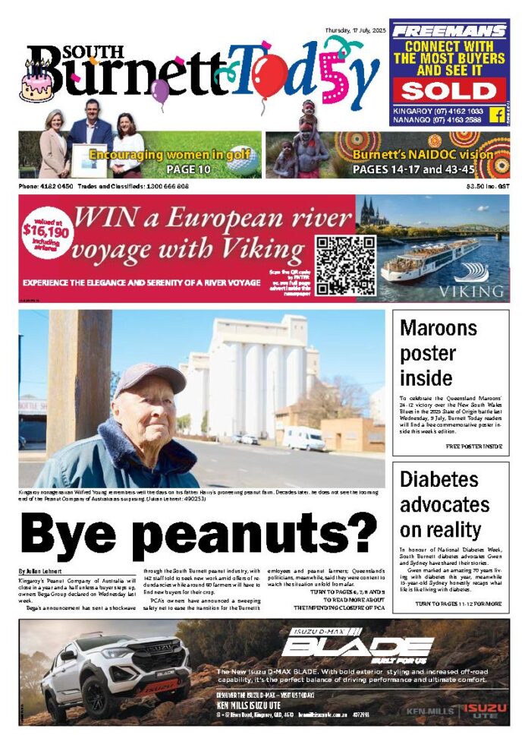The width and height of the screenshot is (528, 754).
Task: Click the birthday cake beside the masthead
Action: [36, 84]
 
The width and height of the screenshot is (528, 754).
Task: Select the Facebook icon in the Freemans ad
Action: [498, 114]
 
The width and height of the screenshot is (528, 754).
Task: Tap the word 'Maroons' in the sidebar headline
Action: [438, 329]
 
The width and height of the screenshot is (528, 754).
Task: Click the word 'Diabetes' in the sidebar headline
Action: [439, 480]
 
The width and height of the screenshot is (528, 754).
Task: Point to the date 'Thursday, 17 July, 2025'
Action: [355, 30]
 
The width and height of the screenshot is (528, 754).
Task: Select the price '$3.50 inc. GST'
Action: [488, 187]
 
